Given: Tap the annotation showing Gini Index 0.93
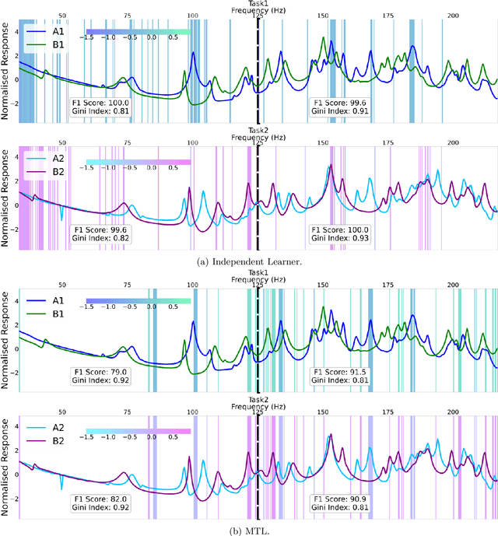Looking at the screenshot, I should tap(338, 235).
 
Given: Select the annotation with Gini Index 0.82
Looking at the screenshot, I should tap(100, 235).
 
